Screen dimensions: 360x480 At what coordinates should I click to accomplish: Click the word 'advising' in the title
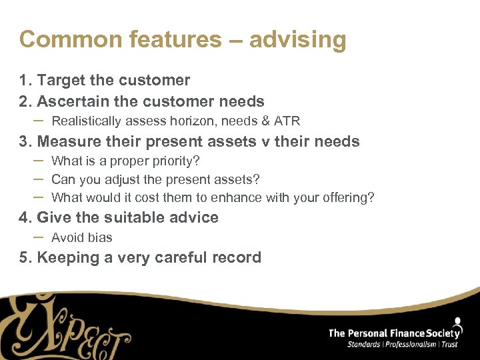click(297, 40)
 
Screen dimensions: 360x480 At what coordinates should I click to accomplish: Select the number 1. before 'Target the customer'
click(26, 81)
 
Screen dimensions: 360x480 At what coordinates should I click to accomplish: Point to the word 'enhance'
click(237, 197)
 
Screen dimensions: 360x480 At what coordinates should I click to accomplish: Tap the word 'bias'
click(100, 237)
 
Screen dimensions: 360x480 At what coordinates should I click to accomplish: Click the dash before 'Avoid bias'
click(38, 237)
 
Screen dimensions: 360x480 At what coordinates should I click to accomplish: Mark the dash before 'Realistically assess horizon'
click(38, 120)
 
